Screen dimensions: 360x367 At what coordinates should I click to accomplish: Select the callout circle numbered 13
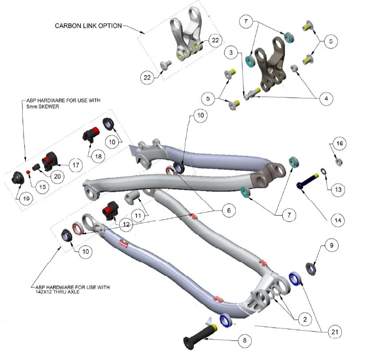pyautogui.click(x=338, y=190)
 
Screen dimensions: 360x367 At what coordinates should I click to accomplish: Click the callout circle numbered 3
pyautogui.click(x=231, y=52)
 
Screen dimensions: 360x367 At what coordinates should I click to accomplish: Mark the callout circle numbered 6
pyautogui.click(x=228, y=211)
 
